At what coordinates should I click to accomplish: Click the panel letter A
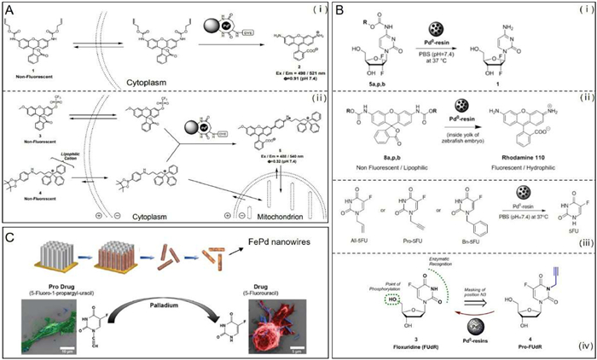10,9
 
